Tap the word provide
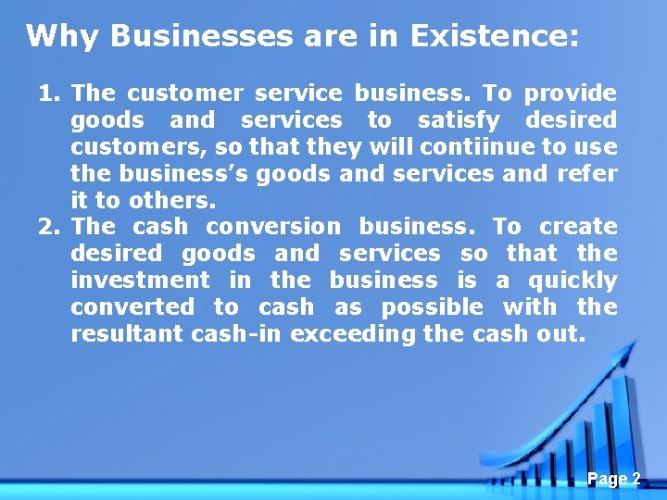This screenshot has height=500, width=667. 570,94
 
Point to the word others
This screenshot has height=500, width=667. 166,200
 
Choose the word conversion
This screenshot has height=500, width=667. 273,227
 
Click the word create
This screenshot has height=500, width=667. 578,227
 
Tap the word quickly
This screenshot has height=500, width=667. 572,280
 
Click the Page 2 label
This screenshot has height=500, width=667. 613,479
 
